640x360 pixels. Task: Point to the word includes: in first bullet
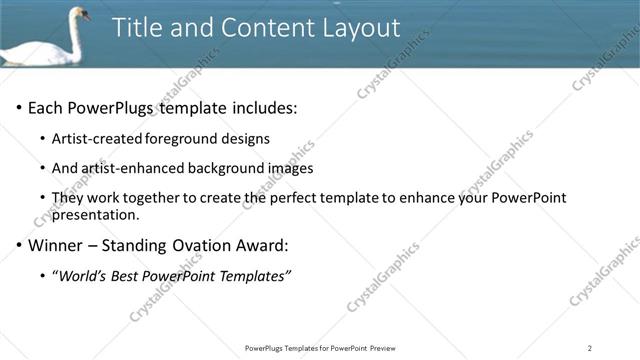pyautogui.click(x=261, y=108)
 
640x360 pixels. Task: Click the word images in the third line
pyautogui.click(x=288, y=168)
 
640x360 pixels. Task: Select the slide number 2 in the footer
pyautogui.click(x=590, y=348)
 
